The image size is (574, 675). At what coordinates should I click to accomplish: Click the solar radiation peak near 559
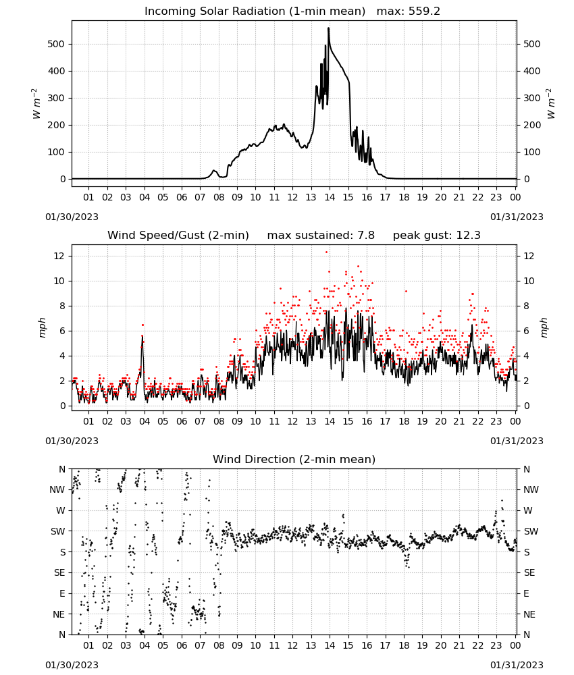point(329,28)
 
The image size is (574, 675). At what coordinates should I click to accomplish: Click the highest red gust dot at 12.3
point(326,252)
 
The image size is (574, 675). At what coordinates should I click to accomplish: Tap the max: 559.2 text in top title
point(409,11)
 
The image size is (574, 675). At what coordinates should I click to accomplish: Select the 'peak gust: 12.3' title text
point(436,236)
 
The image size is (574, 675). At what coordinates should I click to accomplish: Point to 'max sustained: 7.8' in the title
point(321,236)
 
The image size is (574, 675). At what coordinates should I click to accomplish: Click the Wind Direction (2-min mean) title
point(294,459)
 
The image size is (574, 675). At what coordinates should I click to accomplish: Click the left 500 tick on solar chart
point(56,44)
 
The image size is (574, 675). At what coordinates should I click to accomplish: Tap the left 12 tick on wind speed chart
point(59,256)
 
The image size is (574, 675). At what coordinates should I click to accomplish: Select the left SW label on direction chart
point(57,531)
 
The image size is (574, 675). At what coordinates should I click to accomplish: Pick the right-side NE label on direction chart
point(529,614)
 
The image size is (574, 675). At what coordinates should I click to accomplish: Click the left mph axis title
point(42,327)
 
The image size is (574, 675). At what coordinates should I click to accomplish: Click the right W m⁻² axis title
point(551,104)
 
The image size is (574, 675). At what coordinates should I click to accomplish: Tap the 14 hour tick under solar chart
point(330,197)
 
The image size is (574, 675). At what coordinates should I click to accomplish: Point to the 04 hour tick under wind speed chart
point(145,421)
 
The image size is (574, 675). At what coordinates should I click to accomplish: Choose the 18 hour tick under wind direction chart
point(403,645)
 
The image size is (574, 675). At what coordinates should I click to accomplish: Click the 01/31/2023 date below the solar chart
point(517,217)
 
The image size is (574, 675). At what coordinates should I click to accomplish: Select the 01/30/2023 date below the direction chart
point(72,665)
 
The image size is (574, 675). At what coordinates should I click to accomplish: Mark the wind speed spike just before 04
point(142,335)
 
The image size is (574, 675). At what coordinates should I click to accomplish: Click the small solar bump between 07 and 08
point(213,171)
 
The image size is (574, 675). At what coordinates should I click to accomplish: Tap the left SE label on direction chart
point(59,572)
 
